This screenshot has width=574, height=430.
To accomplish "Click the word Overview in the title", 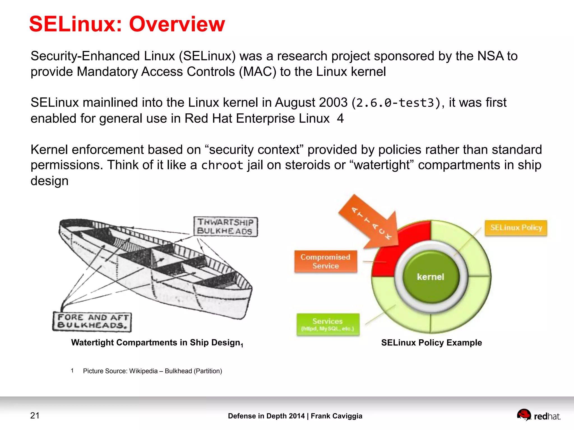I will tap(177, 24).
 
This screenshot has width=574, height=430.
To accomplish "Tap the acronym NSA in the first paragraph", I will tap(490, 56).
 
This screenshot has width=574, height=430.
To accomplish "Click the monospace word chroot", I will tap(222, 165).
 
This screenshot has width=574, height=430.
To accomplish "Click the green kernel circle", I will tap(430, 277).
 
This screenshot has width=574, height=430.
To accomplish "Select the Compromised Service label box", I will tap(326, 261).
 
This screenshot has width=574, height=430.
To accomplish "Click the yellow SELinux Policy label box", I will tap(516, 228).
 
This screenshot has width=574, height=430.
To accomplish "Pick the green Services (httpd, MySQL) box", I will tap(328, 324).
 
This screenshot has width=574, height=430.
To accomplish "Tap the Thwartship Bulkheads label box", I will tap(225, 227).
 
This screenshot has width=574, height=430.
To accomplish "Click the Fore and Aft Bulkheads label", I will tap(92, 321).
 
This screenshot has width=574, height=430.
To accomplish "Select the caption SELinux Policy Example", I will tap(431, 343).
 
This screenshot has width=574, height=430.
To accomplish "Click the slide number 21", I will tap(35, 415).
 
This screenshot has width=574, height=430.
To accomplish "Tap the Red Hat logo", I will tap(538, 415).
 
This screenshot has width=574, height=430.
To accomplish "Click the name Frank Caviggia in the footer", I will tap(336, 416).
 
